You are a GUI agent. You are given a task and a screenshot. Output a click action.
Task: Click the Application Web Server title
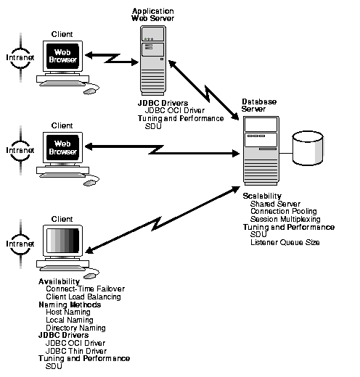tap(153, 15)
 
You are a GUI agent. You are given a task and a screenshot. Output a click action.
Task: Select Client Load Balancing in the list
tap(83, 297)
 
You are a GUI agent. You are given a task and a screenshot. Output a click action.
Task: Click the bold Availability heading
tap(59, 281)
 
